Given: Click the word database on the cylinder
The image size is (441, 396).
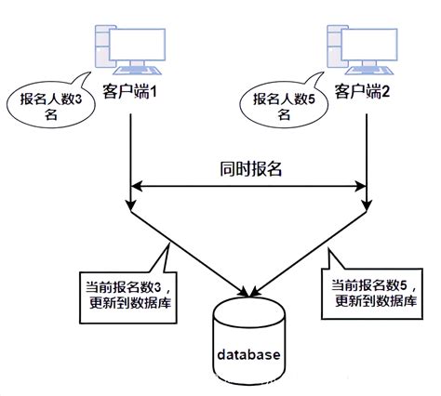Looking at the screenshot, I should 248,355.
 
